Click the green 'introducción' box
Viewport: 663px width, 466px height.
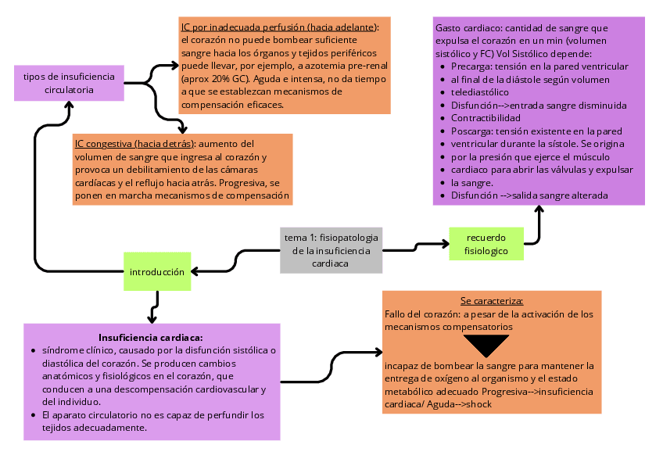pos(157,272)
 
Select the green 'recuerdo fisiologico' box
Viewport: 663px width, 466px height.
pos(486,244)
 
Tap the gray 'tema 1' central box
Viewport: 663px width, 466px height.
pos(331,250)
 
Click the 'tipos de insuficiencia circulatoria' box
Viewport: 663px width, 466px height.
pos(69,83)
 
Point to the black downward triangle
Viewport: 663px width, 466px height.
pos(486,345)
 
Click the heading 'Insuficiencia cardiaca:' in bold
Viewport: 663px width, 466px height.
pos(151,337)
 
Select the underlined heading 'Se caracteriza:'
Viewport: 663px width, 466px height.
pos(491,301)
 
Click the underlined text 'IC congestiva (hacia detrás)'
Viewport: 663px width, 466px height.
pos(134,144)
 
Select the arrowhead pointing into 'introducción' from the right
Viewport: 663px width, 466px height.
pos(195,272)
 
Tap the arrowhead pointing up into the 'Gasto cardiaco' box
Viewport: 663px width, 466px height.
pos(539,209)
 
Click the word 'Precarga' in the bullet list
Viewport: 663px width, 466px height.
pos(470,66)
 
